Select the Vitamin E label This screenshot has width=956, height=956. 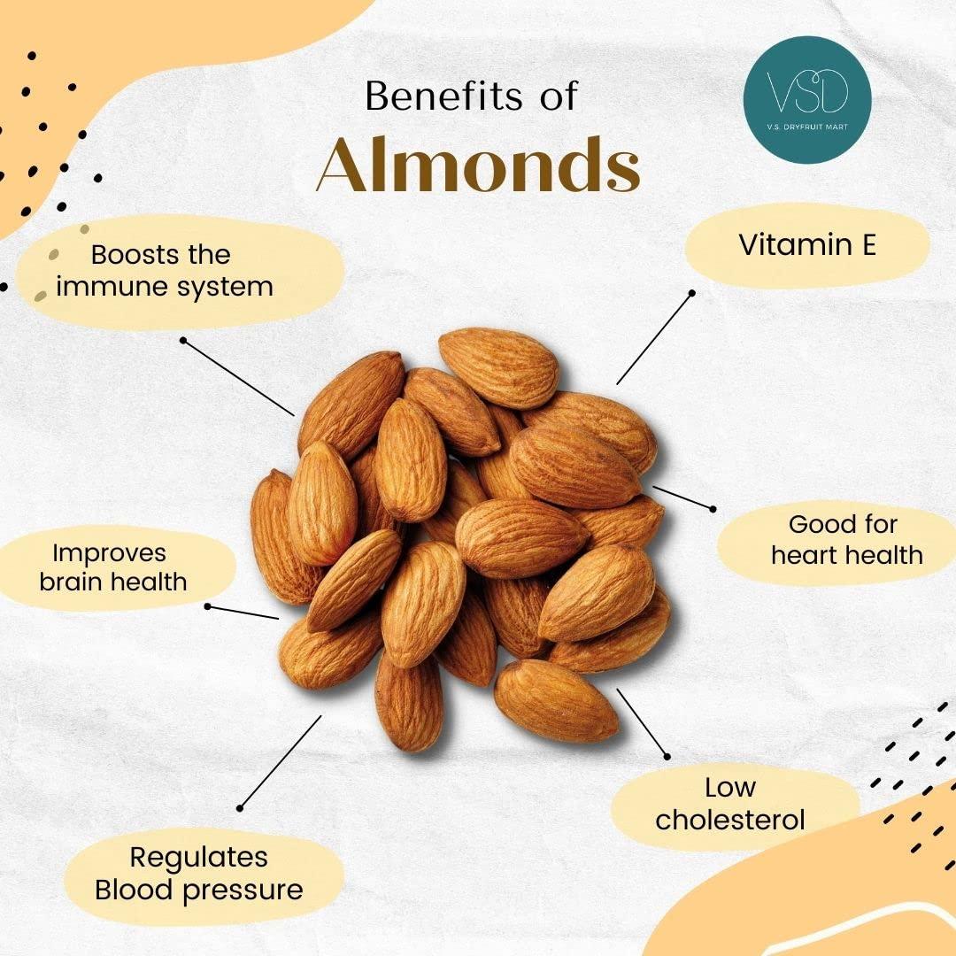click(806, 245)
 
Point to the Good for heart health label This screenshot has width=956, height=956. click(845, 539)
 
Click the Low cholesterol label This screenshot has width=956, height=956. click(730, 803)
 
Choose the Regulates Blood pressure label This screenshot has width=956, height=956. click(199, 873)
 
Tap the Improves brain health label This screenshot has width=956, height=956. click(119, 567)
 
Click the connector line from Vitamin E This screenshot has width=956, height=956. click(655, 336)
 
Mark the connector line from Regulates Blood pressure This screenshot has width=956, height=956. click(281, 761)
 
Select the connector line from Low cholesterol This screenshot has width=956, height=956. click(643, 723)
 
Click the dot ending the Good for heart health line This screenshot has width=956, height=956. click(713, 507)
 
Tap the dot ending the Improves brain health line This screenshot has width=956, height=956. click(208, 606)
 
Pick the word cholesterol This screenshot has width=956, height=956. click(730, 820)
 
